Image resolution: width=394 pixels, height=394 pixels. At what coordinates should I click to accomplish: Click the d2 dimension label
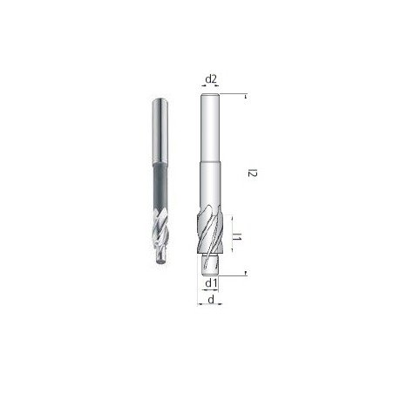point(210,80)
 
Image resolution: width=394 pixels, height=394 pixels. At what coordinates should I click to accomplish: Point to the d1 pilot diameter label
point(210,283)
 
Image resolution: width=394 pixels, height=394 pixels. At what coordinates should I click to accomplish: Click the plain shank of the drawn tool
point(210,131)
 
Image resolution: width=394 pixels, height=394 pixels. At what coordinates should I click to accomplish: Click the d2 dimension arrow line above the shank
point(210,90)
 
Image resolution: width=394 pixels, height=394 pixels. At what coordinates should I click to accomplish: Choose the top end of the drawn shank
point(210,96)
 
